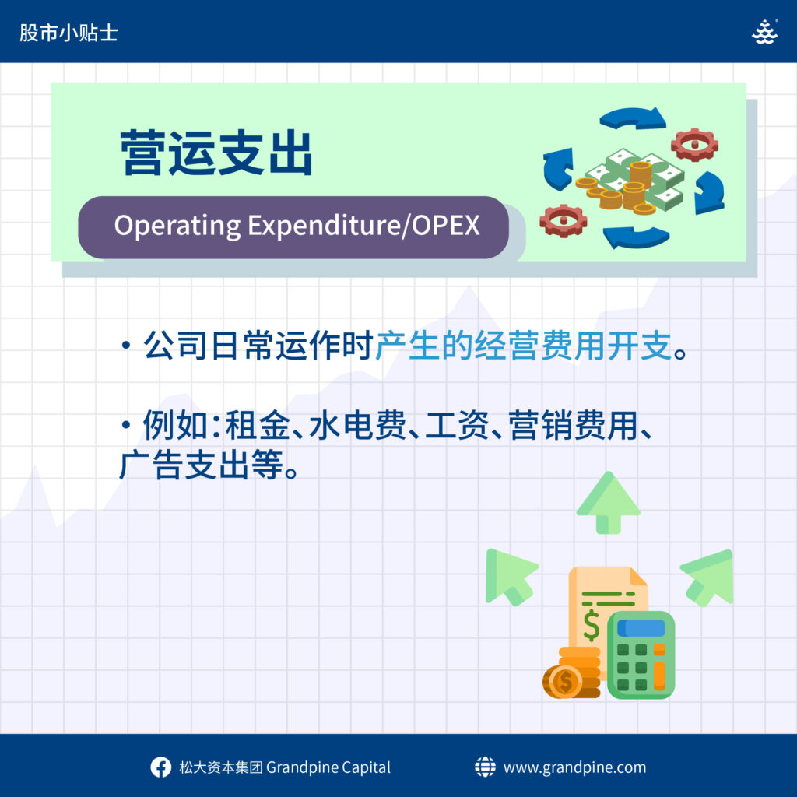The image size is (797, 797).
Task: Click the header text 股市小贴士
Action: pyautogui.click(x=68, y=33)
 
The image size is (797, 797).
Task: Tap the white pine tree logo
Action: pyautogui.click(x=764, y=32)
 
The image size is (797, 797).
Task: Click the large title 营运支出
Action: pyautogui.click(x=216, y=153)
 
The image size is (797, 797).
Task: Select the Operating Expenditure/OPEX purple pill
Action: pyautogui.click(x=293, y=227)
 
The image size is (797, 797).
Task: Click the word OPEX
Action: pyautogui.click(x=446, y=225)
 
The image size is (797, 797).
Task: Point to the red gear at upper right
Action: pyautogui.click(x=694, y=145)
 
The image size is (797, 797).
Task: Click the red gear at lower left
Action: pyautogui.click(x=564, y=220)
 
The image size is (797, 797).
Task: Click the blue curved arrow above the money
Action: pyautogui.click(x=634, y=119)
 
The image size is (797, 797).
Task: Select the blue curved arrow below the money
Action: pyautogui.click(x=636, y=237)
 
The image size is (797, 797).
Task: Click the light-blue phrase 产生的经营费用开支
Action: pyautogui.click(x=524, y=346)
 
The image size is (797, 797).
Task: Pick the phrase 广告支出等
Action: pyautogui.click(x=202, y=465)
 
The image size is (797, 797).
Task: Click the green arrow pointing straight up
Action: pyautogui.click(x=608, y=502)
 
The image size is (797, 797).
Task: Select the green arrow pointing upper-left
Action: pyautogui.click(x=511, y=576)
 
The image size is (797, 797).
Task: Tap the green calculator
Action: pyautogui.click(x=641, y=655)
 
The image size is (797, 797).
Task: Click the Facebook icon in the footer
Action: pyautogui.click(x=160, y=767)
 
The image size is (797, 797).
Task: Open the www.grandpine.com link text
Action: pyautogui.click(x=574, y=767)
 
